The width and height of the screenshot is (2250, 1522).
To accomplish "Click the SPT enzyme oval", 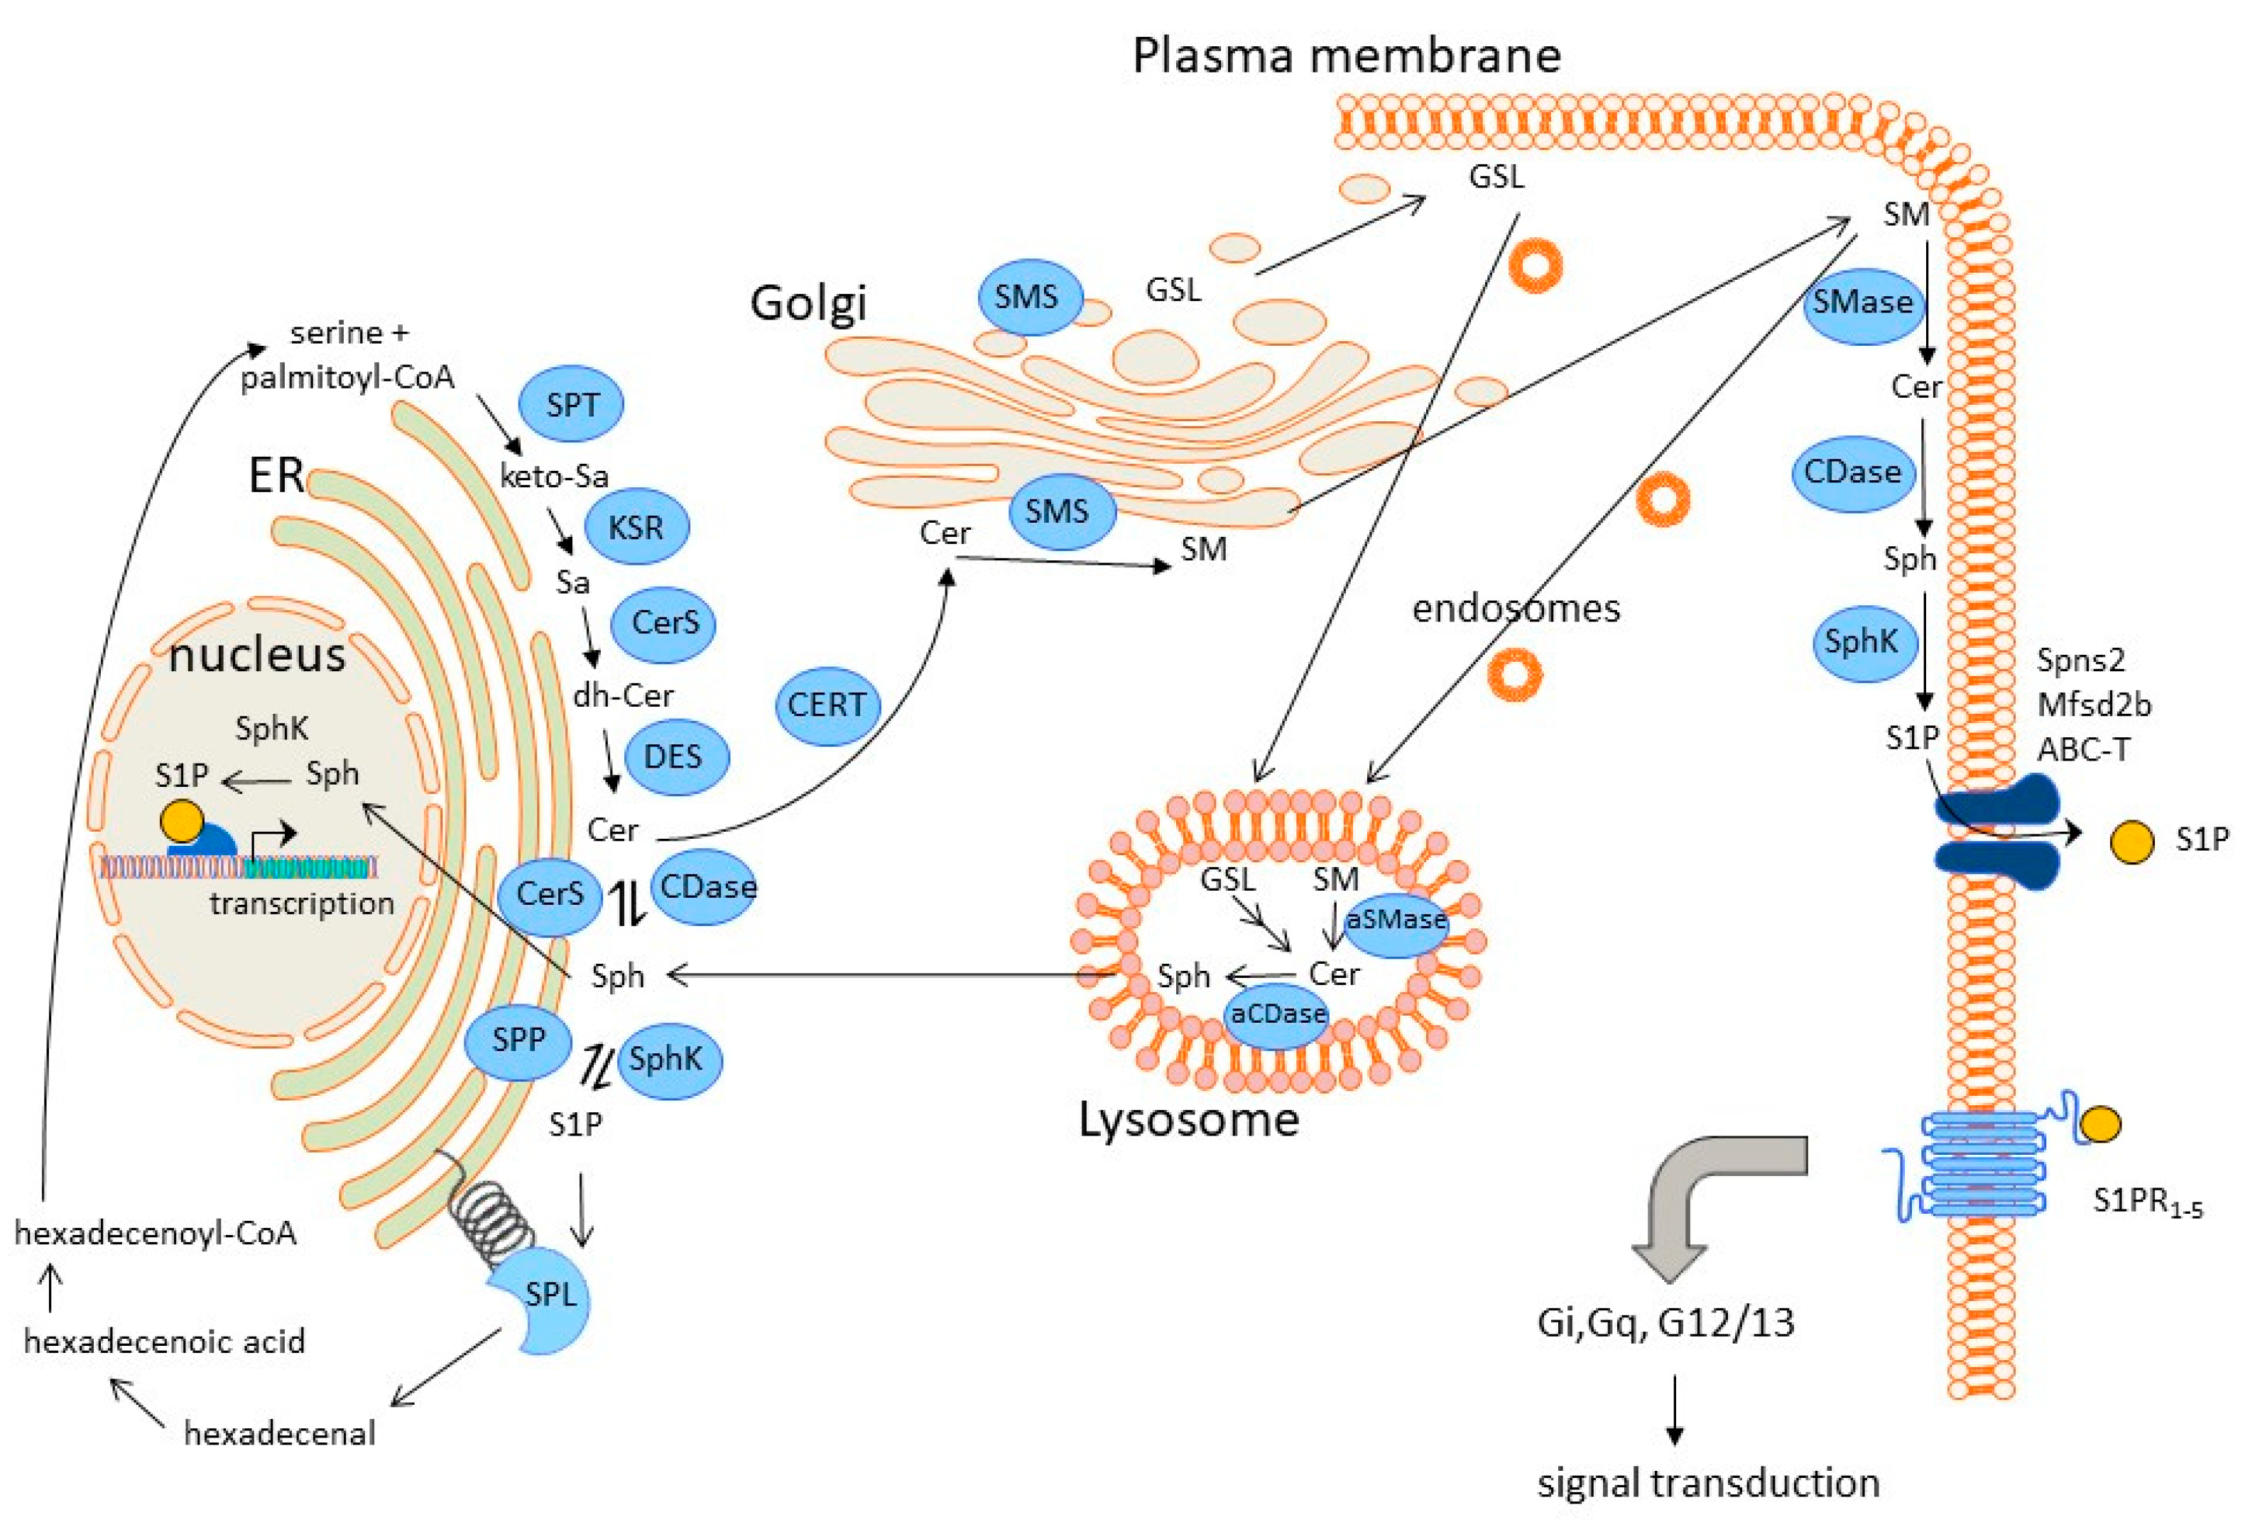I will point(571,403).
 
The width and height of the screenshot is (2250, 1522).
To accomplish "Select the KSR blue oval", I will point(636,528).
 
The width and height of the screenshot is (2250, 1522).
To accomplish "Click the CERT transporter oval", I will point(826,705).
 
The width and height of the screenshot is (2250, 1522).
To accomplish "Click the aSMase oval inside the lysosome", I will point(1396,920).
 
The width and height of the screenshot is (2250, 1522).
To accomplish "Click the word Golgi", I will point(808,303).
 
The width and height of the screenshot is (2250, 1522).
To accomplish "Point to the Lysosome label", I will point(1189,1120).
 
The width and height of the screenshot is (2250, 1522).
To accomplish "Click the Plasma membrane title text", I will point(1347,55).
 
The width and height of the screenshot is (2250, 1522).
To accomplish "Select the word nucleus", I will point(258,656).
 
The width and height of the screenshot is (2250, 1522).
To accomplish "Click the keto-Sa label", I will point(554,475).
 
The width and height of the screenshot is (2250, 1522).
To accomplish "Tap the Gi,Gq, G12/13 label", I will point(1665,1322).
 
